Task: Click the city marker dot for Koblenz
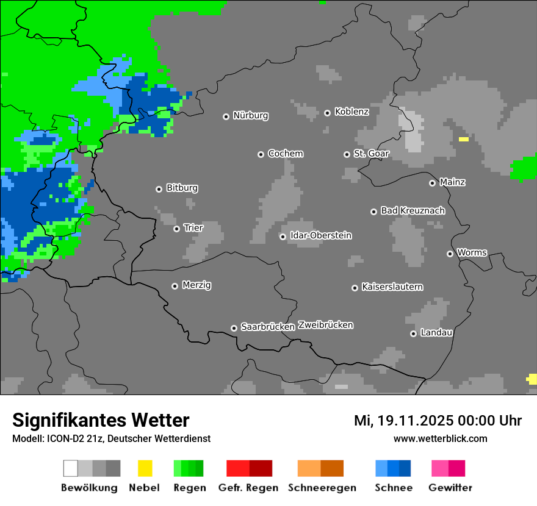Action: tap(327, 113)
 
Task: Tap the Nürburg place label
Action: tap(250, 115)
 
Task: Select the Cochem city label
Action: tap(285, 154)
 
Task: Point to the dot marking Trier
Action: tap(176, 229)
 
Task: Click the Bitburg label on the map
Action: tap(182, 188)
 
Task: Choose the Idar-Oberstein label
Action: tap(320, 235)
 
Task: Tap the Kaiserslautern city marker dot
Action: tap(355, 288)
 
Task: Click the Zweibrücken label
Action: tap(325, 325)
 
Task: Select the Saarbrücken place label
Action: tap(267, 327)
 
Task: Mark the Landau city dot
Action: tap(413, 333)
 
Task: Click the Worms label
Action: tap(472, 252)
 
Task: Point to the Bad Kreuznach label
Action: tap(413, 210)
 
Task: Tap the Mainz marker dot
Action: tap(432, 183)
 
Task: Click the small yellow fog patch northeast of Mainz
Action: tap(464, 140)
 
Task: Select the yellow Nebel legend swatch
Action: tap(145, 468)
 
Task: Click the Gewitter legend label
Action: tap(450, 488)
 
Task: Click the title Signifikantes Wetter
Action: tap(101, 420)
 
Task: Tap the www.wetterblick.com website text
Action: tap(440, 438)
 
